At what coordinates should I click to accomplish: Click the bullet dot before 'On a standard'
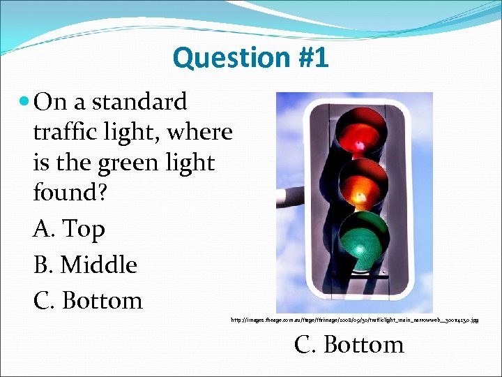[25, 103]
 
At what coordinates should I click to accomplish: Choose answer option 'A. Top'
[68, 228]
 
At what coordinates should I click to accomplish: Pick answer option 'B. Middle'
[84, 265]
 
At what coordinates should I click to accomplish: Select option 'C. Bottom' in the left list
[87, 300]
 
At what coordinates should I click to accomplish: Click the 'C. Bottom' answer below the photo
[349, 344]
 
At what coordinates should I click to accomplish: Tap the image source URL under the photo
[354, 320]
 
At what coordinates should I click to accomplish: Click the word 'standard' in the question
[139, 102]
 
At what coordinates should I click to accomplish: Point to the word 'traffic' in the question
[65, 132]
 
